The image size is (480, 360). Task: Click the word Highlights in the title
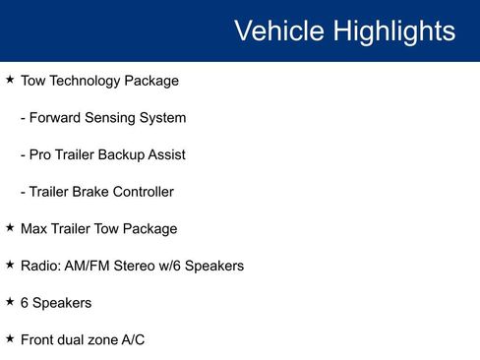pos(393,31)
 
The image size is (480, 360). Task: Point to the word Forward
pos(56,118)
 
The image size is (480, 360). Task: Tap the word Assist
pos(165,154)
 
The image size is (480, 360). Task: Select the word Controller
pos(148,192)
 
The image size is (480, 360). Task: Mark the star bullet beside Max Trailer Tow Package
pos(10,228)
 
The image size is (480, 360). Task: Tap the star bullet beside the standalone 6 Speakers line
pos(10,302)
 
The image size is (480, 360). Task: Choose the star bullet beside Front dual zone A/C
pos(10,338)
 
